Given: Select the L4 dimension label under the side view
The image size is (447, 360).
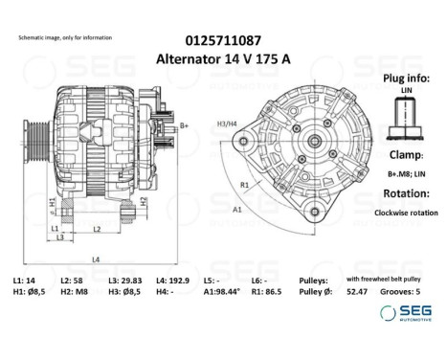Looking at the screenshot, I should tap(95, 260).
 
